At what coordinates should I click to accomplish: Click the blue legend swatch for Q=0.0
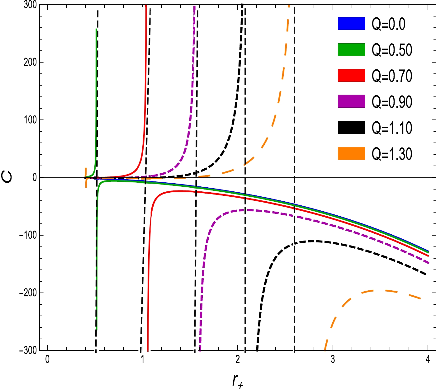click(351, 23)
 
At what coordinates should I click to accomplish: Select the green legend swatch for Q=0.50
click(351, 49)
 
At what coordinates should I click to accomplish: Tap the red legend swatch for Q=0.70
click(351, 76)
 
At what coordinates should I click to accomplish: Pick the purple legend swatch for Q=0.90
click(351, 101)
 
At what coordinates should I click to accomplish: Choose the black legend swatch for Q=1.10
click(351, 128)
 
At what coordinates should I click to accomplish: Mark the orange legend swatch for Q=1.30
click(351, 154)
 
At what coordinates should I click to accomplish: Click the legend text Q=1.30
click(392, 154)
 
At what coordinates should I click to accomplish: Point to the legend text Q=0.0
click(388, 23)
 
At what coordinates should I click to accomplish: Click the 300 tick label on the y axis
click(30, 5)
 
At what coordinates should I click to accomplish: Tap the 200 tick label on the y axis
click(30, 62)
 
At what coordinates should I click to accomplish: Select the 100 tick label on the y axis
click(30, 120)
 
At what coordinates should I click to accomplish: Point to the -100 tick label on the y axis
click(28, 235)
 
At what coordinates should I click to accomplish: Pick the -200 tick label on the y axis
click(28, 293)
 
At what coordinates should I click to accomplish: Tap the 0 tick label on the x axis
click(47, 360)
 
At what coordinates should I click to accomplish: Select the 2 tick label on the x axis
click(238, 360)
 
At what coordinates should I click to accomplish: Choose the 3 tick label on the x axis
click(333, 360)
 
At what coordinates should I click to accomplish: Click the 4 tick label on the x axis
click(428, 360)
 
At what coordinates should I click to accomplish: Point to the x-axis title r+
click(238, 380)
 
